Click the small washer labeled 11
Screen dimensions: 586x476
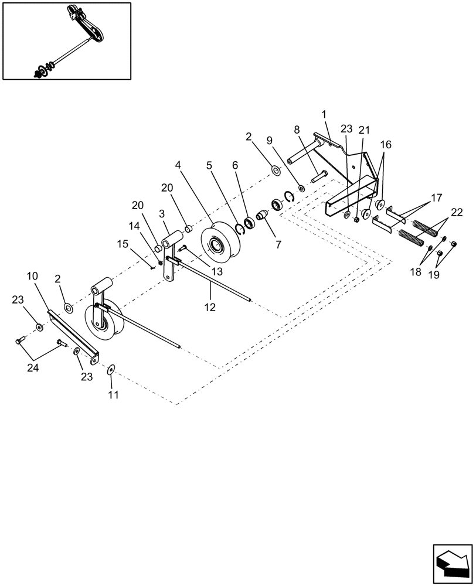pos(111,370)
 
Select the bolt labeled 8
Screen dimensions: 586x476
pos(319,174)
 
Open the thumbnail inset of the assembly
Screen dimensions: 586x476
pos(66,41)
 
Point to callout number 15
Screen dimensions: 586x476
pos(121,243)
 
